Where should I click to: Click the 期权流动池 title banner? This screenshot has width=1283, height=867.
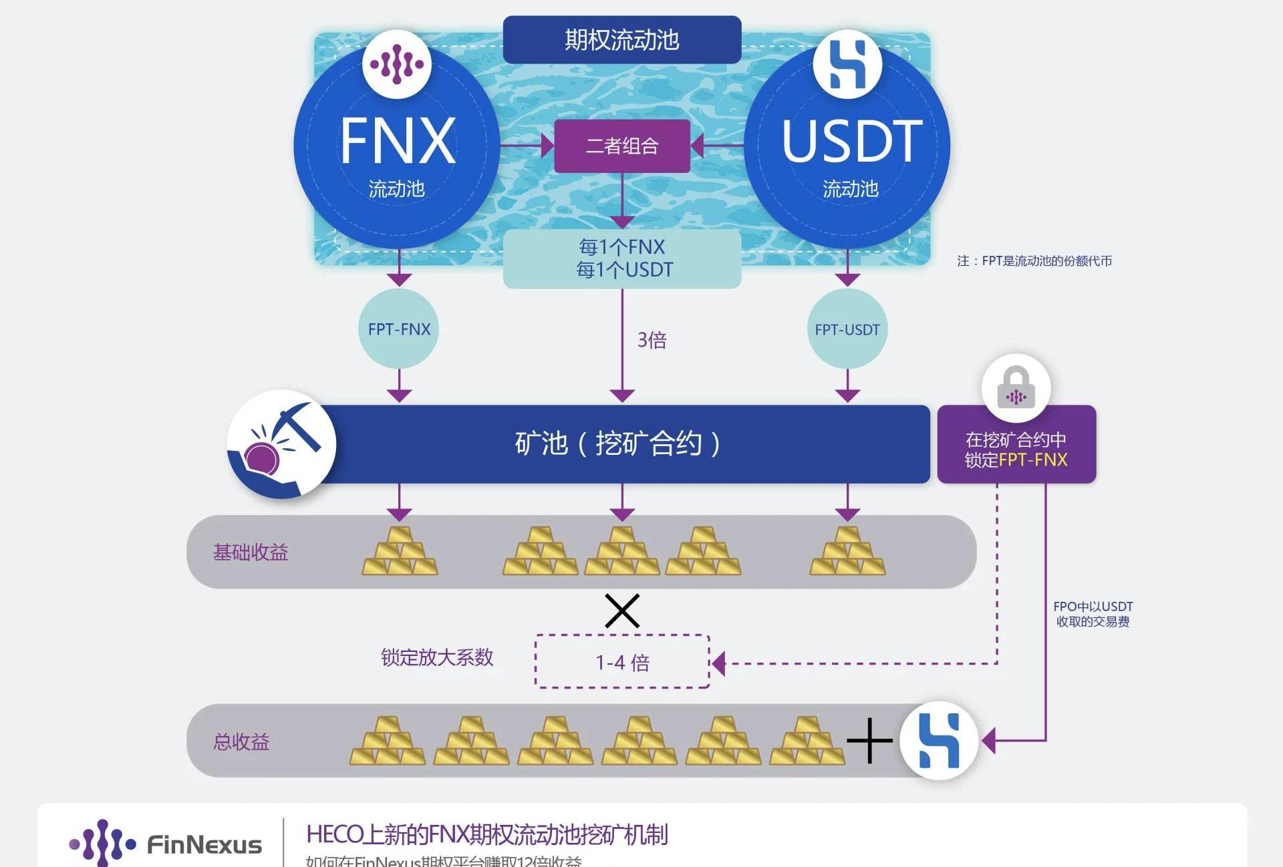tap(621, 40)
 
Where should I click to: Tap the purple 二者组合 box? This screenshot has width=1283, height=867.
tap(621, 146)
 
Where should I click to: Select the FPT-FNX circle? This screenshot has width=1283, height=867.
tap(399, 329)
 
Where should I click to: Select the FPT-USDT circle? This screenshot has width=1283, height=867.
tap(847, 329)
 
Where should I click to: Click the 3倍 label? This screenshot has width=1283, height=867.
tap(652, 340)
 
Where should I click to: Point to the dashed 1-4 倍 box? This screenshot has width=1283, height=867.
tap(622, 662)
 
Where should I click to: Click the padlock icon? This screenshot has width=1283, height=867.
tap(1016, 388)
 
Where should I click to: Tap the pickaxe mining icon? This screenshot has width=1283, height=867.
tap(281, 444)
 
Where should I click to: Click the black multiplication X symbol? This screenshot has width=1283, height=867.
tap(622, 611)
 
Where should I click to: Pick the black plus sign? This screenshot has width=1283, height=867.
tap(869, 740)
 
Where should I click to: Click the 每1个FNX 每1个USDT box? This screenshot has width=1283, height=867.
tap(622, 258)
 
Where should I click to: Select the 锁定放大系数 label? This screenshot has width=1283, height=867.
tap(437, 657)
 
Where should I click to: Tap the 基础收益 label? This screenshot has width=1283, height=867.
tap(251, 552)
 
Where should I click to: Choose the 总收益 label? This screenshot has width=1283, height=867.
tap(241, 741)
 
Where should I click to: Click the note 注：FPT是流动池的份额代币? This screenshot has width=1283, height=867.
tap(1034, 261)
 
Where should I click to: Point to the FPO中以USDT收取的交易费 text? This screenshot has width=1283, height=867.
tap(1093, 614)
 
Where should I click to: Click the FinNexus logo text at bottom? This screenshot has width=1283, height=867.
tap(204, 845)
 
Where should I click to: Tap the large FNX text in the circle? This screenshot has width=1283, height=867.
tap(398, 141)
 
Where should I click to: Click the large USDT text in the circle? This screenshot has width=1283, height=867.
tap(852, 141)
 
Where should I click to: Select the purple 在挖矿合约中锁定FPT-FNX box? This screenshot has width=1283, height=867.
tap(1016, 450)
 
